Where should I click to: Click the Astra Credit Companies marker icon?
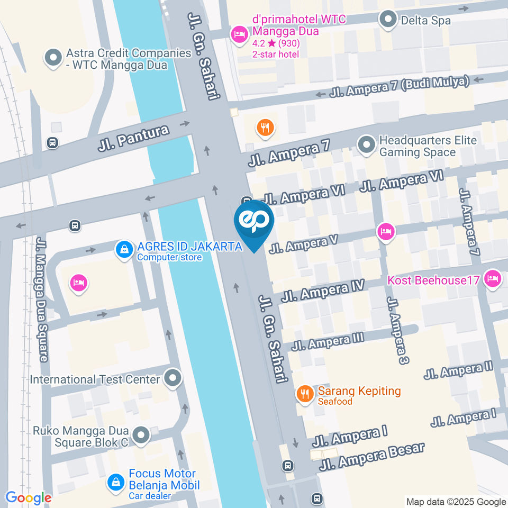tap(53, 59)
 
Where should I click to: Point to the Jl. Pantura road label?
tap(134, 138)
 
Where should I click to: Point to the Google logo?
tap(28, 497)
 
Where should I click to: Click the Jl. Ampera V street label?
tap(303, 244)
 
